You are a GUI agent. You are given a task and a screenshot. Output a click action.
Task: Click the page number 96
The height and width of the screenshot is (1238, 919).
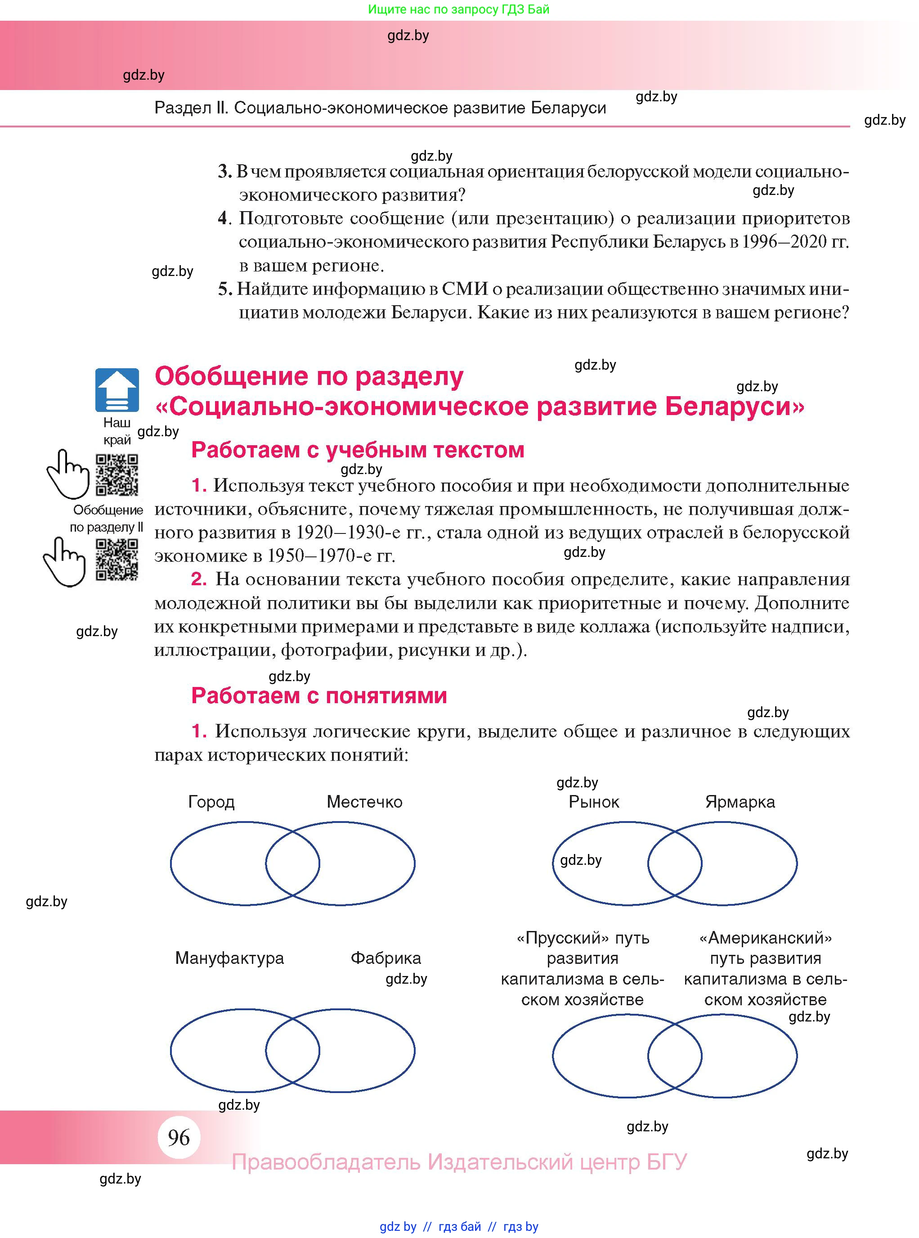179,1137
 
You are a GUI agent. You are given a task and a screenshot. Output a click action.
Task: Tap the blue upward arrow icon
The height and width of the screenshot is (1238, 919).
117,390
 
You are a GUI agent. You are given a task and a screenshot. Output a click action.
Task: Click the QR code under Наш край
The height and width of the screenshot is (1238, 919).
117,475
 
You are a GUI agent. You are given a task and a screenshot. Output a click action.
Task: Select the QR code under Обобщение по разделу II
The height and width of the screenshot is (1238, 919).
117,560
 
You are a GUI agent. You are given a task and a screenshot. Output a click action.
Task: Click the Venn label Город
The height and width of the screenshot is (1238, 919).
211,802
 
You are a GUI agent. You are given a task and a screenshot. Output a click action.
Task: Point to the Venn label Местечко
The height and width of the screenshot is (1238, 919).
364,802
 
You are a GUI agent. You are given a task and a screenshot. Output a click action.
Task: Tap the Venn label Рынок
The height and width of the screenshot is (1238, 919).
594,802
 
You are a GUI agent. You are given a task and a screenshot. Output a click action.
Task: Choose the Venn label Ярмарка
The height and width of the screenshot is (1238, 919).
740,802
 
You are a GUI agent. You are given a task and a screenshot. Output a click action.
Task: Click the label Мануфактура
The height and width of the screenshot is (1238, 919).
229,958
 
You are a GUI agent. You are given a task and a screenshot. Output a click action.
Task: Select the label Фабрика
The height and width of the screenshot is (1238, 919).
386,958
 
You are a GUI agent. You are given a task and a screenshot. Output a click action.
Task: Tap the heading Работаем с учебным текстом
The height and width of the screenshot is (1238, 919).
357,450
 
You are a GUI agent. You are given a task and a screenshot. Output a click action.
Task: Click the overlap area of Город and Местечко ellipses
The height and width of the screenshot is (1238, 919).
292,863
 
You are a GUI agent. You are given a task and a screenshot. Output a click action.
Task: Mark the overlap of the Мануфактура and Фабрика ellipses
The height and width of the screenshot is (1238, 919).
292,1050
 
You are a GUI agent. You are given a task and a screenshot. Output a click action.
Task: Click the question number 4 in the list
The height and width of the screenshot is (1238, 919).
224,218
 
